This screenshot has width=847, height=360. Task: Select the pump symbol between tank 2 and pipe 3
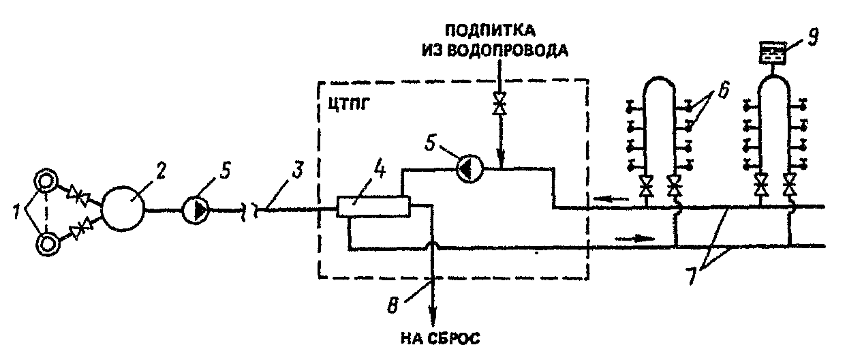click(196, 211)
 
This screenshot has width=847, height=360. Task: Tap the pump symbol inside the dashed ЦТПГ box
click(470, 169)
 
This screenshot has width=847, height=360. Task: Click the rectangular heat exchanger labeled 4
click(373, 207)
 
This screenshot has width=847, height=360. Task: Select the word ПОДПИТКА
click(490, 31)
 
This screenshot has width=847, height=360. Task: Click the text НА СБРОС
click(440, 338)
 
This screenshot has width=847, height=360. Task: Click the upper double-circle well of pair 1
click(46, 181)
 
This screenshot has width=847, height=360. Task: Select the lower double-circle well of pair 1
click(48, 243)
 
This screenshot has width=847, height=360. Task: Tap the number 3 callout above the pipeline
click(298, 169)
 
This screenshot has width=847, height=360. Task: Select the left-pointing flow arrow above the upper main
click(611, 198)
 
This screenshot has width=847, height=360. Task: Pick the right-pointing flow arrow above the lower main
click(635, 239)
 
